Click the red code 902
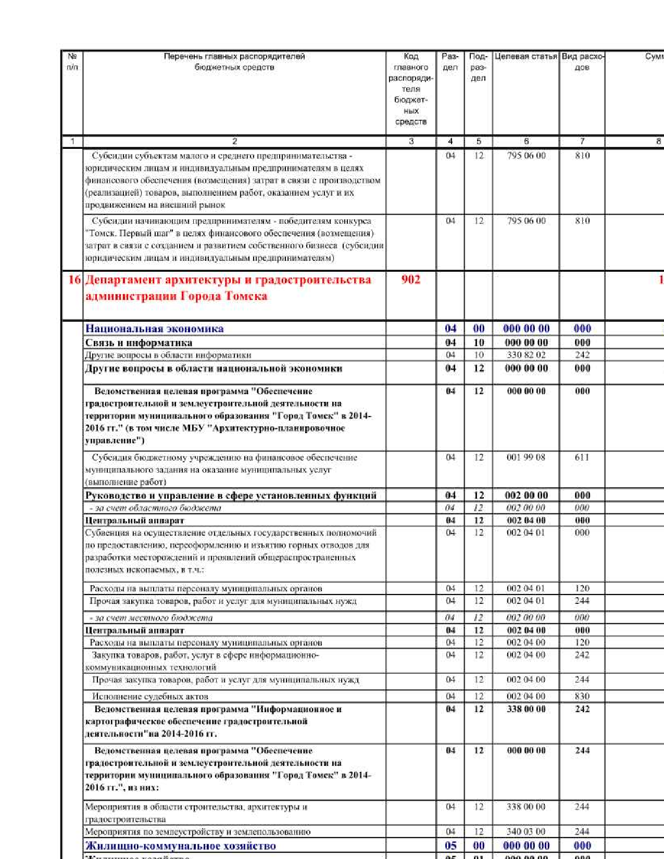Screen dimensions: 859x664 [x=410, y=280]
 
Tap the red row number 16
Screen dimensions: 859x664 [x=74, y=280]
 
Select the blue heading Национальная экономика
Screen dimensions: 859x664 [x=154, y=329]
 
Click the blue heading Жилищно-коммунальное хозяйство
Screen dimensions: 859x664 [x=180, y=845]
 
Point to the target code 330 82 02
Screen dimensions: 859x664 [x=526, y=355]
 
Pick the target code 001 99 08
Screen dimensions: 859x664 [x=526, y=457]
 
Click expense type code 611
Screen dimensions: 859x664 [x=582, y=457]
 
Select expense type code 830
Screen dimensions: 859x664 [x=582, y=696]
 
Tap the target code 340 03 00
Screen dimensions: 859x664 [x=526, y=831]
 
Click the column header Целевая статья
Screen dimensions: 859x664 [x=525, y=56]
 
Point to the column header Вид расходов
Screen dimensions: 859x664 [x=582, y=61]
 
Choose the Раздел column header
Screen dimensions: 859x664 [x=450, y=61]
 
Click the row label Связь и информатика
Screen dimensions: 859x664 [x=139, y=343]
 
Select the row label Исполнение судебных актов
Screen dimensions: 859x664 [x=150, y=697]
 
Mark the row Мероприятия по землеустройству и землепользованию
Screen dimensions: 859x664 [x=197, y=831]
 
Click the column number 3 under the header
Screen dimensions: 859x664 [x=411, y=141]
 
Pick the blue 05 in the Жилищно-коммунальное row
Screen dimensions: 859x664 [x=450, y=845]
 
